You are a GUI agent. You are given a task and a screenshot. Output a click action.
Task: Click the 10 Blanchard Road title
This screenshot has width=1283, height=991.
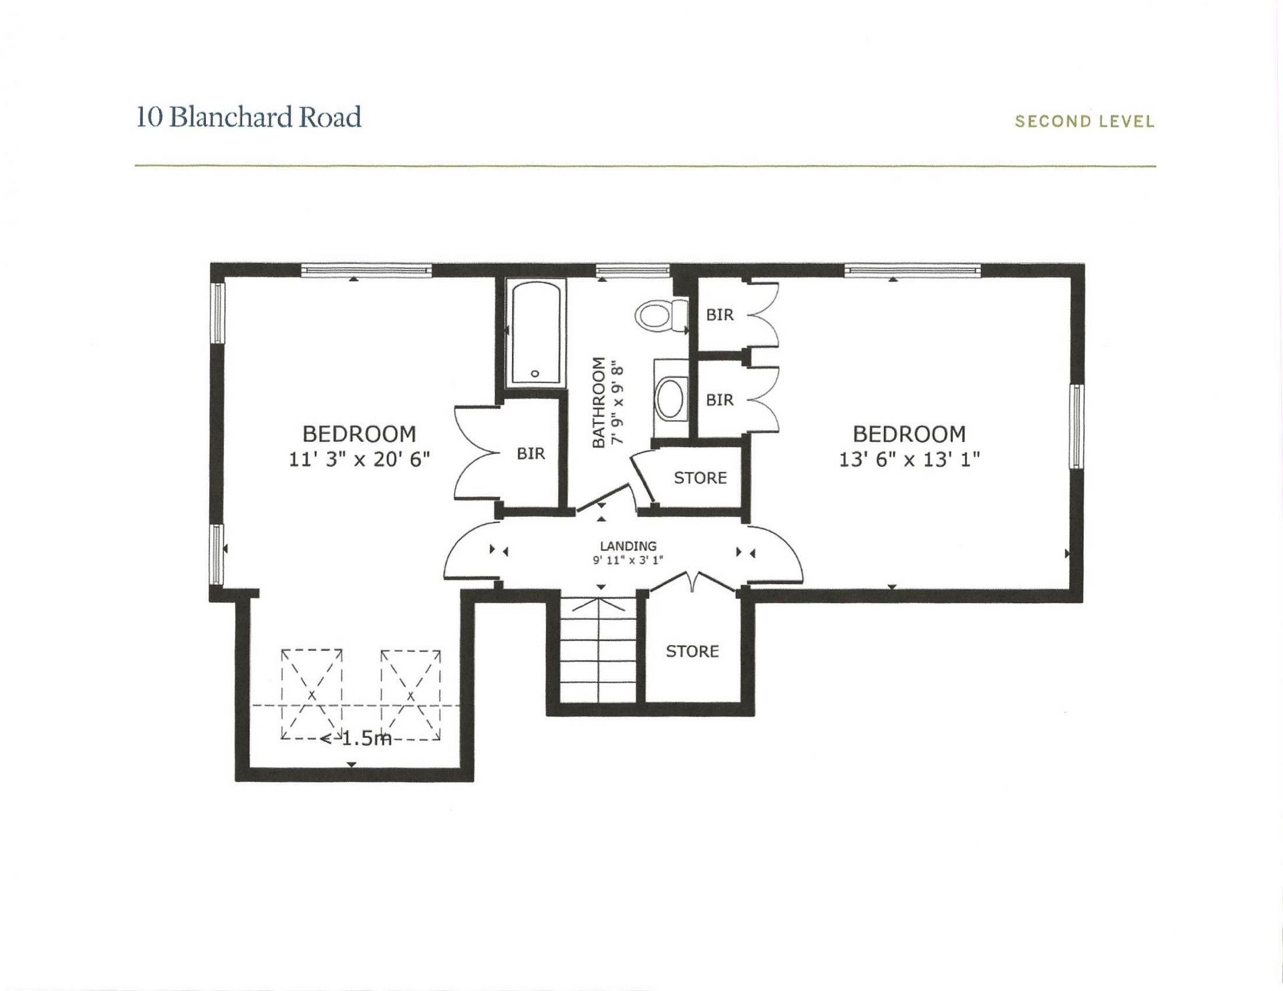click(x=249, y=118)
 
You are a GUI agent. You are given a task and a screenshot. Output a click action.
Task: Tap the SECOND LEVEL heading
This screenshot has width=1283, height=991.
click(x=1084, y=122)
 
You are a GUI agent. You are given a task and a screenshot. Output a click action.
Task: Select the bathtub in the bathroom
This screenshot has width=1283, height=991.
click(x=535, y=332)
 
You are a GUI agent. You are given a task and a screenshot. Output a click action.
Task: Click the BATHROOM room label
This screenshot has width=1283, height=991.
click(x=599, y=402)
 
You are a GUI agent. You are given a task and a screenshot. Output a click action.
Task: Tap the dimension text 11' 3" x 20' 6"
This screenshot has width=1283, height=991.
click(x=359, y=459)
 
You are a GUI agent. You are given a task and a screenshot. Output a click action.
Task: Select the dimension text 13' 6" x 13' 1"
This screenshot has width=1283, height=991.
click(x=909, y=459)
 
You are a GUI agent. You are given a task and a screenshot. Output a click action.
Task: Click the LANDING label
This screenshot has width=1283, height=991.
click(x=627, y=546)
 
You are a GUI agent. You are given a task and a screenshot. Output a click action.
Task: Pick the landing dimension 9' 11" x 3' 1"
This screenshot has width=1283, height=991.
click(x=627, y=561)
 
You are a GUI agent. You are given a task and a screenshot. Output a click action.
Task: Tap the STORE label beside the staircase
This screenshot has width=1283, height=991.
click(x=692, y=651)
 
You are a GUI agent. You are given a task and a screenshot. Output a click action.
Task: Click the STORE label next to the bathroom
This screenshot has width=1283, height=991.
click(x=700, y=477)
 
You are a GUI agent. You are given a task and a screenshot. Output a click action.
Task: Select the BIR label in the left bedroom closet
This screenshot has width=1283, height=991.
click(x=531, y=454)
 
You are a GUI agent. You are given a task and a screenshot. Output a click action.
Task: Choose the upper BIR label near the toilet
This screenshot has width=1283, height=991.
click(x=720, y=315)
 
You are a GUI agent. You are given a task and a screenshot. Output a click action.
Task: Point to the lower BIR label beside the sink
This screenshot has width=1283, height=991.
click(x=720, y=399)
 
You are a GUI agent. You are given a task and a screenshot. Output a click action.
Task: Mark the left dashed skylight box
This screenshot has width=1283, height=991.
click(x=311, y=695)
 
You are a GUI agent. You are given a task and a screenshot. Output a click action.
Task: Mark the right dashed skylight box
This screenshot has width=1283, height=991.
click(x=410, y=695)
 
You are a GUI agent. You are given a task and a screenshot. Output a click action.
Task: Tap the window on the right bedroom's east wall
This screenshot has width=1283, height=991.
click(x=1076, y=426)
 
